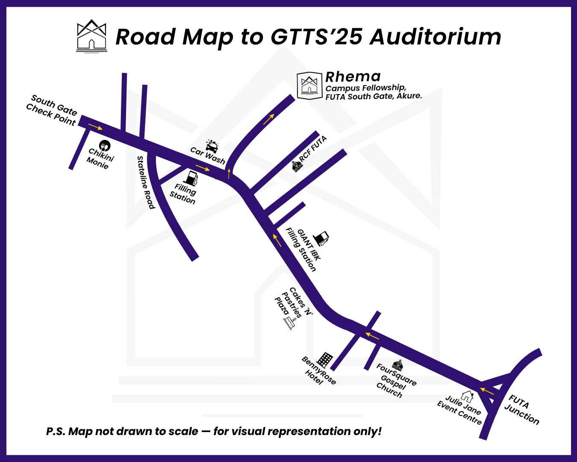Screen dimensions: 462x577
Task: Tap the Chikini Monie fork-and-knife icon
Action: click(x=105, y=145)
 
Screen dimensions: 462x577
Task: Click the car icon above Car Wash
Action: click(x=212, y=145)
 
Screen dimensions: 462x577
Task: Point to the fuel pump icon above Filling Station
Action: click(x=192, y=178)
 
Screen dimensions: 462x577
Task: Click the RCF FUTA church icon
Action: click(x=297, y=166)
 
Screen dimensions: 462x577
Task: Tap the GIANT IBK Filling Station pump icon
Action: click(x=321, y=238)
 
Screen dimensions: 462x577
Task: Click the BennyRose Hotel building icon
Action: click(x=325, y=360)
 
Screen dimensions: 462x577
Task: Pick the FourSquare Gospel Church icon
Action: click(x=398, y=365)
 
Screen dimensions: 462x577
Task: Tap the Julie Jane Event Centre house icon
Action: click(x=467, y=397)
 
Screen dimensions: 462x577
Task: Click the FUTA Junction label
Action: click(x=522, y=410)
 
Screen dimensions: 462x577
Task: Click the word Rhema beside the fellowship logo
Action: click(x=353, y=77)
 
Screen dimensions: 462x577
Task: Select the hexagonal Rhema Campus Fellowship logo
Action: click(x=309, y=86)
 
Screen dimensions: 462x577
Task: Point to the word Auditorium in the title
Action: click(x=436, y=37)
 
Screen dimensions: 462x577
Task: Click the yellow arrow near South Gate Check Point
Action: click(x=96, y=127)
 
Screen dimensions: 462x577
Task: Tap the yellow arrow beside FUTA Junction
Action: click(x=487, y=391)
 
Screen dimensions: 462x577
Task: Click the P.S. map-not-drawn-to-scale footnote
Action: click(x=214, y=431)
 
